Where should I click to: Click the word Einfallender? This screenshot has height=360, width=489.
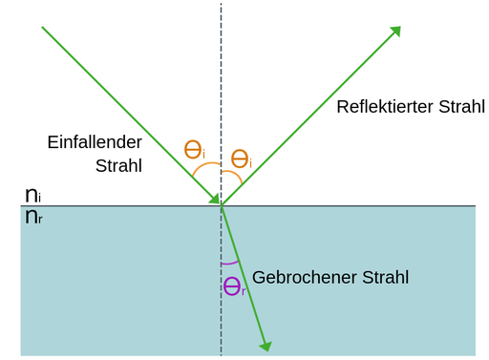[95, 141]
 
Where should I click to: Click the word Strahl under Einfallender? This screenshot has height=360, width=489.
[118, 164]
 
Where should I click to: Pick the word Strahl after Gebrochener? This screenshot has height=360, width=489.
[384, 278]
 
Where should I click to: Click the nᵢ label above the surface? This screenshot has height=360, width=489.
[32, 195]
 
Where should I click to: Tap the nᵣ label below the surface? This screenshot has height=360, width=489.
[32, 217]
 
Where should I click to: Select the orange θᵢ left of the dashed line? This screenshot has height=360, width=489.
[195, 150]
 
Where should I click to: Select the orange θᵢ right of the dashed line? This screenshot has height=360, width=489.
[243, 159]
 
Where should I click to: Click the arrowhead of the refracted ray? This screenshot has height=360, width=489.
[266, 345]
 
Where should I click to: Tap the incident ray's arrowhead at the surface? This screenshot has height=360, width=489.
[215, 199]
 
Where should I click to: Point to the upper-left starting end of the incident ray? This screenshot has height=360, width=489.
[43, 28]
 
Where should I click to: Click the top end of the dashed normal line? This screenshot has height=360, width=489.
[222, 5]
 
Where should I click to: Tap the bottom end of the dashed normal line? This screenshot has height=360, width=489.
[222, 354]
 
